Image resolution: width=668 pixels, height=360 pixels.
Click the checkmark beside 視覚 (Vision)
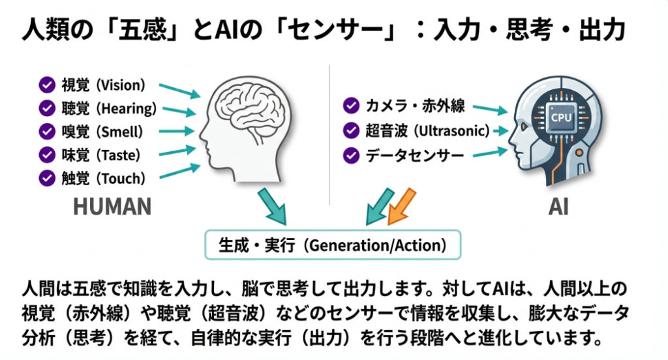47,85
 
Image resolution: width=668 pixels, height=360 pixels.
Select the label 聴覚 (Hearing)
109,108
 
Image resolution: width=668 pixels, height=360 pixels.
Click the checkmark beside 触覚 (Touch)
47,178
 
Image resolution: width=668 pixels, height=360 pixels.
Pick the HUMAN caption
112,207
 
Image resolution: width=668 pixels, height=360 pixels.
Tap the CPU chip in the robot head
561,117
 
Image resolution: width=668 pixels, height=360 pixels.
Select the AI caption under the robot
558,207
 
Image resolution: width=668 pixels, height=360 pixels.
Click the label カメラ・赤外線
415,106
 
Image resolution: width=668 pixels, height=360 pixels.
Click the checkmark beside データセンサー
351,155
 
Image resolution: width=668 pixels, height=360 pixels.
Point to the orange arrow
401,207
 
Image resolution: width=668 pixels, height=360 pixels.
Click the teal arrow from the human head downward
272,206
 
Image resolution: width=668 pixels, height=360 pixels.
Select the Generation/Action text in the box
378,245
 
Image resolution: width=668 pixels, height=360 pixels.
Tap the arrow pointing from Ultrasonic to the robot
501,131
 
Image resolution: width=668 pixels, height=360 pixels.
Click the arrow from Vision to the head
179,91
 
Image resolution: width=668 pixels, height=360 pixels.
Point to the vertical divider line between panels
329,135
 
